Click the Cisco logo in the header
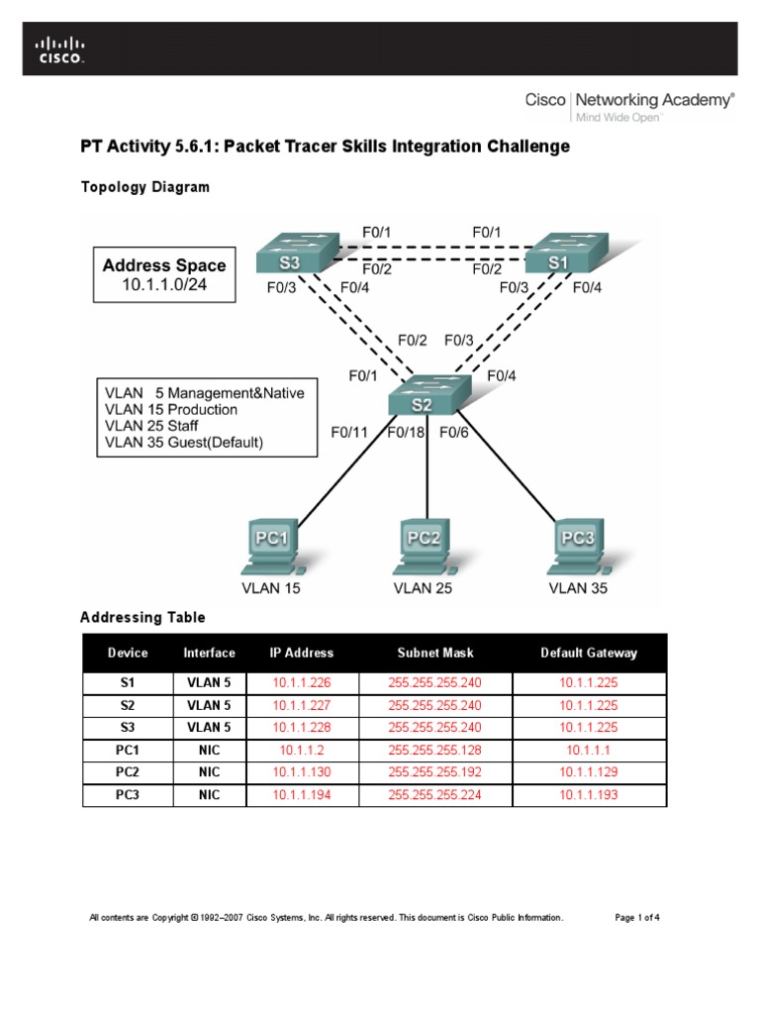click(61, 50)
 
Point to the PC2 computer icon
click(424, 546)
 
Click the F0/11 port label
click(349, 432)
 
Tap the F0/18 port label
click(406, 432)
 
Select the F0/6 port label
click(454, 432)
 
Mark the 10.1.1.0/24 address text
click(164, 287)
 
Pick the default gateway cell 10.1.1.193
click(589, 795)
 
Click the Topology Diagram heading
click(144, 187)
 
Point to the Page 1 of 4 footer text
click(637, 918)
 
